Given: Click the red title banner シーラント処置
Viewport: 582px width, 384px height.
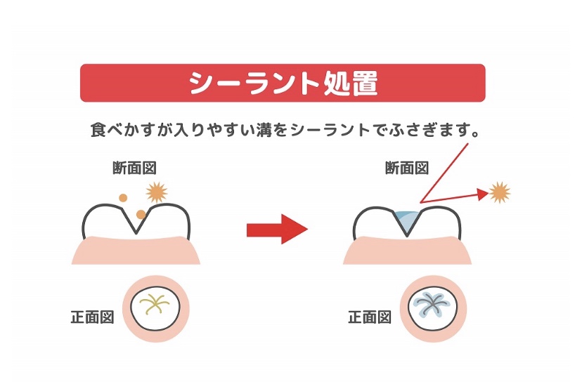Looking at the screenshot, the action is pyautogui.click(x=283, y=83).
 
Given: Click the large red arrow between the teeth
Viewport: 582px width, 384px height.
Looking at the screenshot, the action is pyautogui.click(x=277, y=229).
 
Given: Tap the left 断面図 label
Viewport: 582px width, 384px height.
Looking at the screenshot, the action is pyautogui.click(x=134, y=168).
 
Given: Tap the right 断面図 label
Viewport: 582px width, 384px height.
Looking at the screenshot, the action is pyautogui.click(x=407, y=168).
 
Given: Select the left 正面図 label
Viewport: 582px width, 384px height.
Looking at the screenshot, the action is pyautogui.click(x=92, y=317).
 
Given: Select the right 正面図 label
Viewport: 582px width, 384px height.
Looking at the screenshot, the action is pyautogui.click(x=370, y=317).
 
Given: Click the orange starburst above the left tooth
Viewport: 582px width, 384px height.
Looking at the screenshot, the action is pyautogui.click(x=157, y=192).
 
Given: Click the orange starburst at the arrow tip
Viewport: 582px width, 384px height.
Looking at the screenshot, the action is pyautogui.click(x=500, y=192).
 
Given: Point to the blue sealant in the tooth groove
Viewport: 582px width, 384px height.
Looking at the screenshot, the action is pyautogui.click(x=407, y=221).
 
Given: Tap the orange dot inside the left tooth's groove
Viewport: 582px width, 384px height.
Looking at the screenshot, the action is pyautogui.click(x=141, y=214).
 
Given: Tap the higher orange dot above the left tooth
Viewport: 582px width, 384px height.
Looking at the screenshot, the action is pyautogui.click(x=123, y=197).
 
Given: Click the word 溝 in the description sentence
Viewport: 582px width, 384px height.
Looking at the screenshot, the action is pyautogui.click(x=264, y=130).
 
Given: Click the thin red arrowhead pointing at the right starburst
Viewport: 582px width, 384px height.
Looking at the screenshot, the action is pyautogui.click(x=483, y=194).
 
